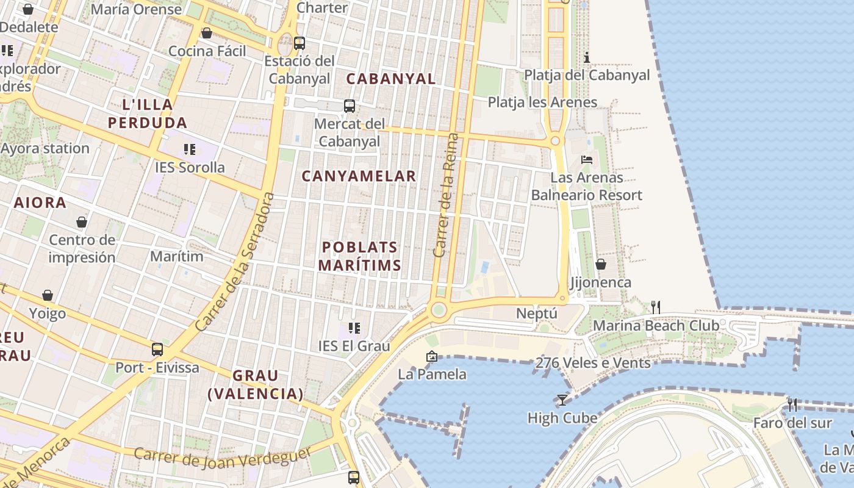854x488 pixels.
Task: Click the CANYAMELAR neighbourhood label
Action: (359, 176)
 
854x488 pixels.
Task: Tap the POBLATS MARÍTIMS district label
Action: (360, 256)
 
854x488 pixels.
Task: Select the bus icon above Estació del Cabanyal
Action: (299, 43)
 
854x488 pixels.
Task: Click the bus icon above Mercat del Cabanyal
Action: (350, 106)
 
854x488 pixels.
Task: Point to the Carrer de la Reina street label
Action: (445, 195)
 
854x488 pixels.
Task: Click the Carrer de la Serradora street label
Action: (235, 262)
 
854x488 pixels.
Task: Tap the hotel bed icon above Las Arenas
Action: (587, 160)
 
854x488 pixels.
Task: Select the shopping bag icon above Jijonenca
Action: (601, 264)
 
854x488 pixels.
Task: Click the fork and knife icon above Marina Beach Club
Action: (656, 307)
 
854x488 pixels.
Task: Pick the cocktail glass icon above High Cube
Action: (562, 400)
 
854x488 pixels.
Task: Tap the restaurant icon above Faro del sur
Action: (792, 404)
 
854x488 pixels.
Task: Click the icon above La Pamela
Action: (432, 356)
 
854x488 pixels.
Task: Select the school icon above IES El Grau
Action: (354, 328)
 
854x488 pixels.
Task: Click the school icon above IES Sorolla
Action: (189, 149)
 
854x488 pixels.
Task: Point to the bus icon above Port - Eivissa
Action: (157, 350)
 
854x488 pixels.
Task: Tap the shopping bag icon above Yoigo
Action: (48, 296)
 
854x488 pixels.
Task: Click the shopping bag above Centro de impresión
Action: (82, 222)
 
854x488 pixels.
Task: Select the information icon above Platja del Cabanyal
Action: (587, 57)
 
